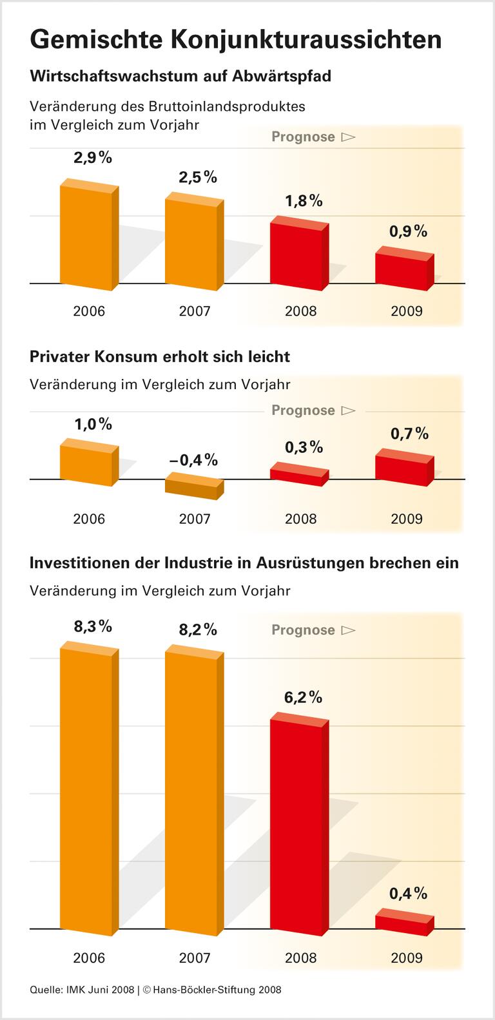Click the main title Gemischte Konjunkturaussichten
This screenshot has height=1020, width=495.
pyautogui.click(x=235, y=40)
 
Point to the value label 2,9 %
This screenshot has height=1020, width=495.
pyautogui.click(x=93, y=158)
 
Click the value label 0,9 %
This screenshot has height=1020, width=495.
pyautogui.click(x=409, y=231)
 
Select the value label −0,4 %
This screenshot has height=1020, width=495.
pyautogui.click(x=193, y=460)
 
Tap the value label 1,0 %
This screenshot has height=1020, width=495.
pyautogui.click(x=93, y=424)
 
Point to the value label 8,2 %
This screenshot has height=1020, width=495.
pyautogui.click(x=198, y=630)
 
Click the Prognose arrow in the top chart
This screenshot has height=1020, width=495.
pyautogui.click(x=348, y=137)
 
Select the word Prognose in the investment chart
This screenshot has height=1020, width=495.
pyautogui.click(x=303, y=630)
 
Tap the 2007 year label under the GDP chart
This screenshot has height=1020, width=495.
pyautogui.click(x=195, y=311)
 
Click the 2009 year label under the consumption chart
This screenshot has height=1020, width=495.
pyautogui.click(x=407, y=519)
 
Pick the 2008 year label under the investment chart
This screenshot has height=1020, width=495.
pyautogui.click(x=301, y=958)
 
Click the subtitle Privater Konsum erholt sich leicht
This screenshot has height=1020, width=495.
pyautogui.click(x=160, y=357)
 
